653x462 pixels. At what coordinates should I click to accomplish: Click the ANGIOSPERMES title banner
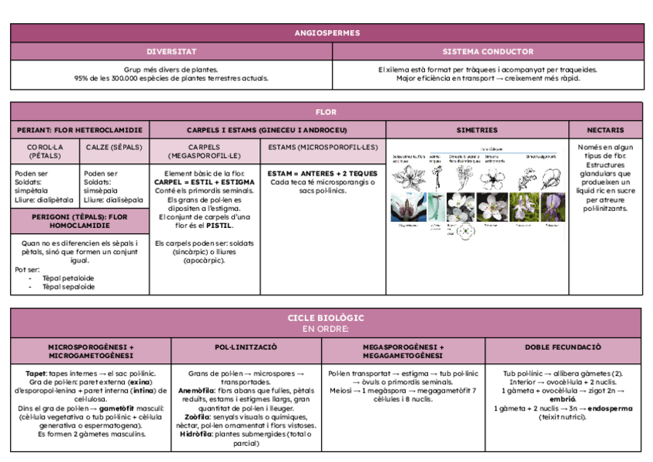click(x=326, y=33)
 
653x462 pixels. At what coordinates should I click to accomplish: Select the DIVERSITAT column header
click(x=172, y=52)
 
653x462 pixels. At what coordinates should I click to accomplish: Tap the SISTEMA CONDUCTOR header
click(x=488, y=52)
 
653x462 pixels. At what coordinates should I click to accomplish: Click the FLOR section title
click(x=326, y=112)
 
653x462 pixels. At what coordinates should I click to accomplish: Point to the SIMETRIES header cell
click(x=477, y=130)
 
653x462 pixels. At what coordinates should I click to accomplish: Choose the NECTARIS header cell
click(x=605, y=130)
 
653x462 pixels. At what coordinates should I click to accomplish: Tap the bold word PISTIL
click(x=221, y=226)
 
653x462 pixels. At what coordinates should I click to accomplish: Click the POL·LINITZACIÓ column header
click(x=241, y=347)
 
